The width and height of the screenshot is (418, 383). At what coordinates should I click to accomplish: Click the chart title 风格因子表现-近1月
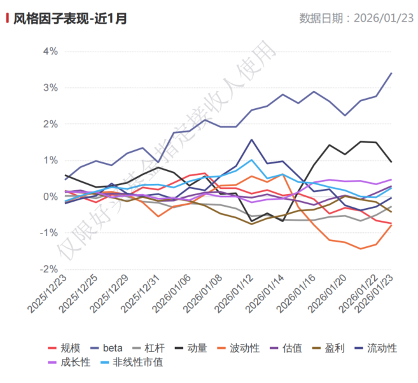[70, 18]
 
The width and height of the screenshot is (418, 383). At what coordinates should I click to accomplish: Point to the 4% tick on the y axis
[50, 51]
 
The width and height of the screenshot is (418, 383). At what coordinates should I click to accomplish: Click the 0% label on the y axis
[50, 197]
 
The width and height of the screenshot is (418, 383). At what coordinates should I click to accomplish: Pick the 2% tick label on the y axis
[50, 124]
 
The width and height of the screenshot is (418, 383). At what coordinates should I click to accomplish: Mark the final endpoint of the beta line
[391, 73]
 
